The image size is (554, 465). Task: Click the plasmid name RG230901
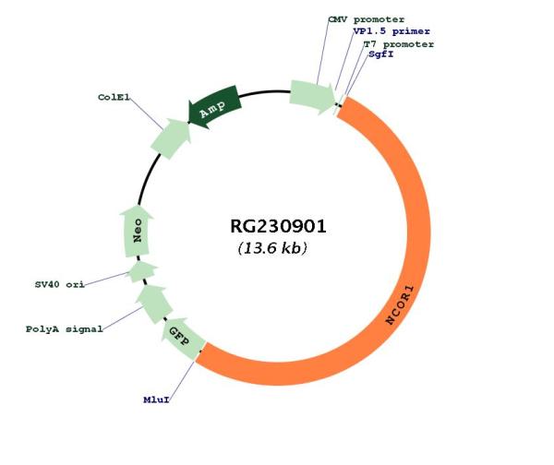pyautogui.click(x=278, y=227)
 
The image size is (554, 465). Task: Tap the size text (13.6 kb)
pyautogui.click(x=272, y=249)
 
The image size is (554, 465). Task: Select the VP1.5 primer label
pyautogui.click(x=391, y=31)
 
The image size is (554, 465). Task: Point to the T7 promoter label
pyautogui.click(x=398, y=43)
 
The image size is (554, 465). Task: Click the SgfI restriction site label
pyautogui.click(x=382, y=55)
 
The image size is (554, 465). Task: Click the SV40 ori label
pyautogui.click(x=59, y=284)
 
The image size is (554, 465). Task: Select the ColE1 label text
pyautogui.click(x=114, y=97)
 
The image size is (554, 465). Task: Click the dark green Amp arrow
pyautogui.click(x=213, y=105)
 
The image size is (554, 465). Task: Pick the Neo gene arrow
pyautogui.click(x=138, y=232)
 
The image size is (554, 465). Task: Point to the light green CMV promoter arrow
pyautogui.click(x=312, y=95)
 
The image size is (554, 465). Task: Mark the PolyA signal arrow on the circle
pyautogui.click(x=153, y=302)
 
